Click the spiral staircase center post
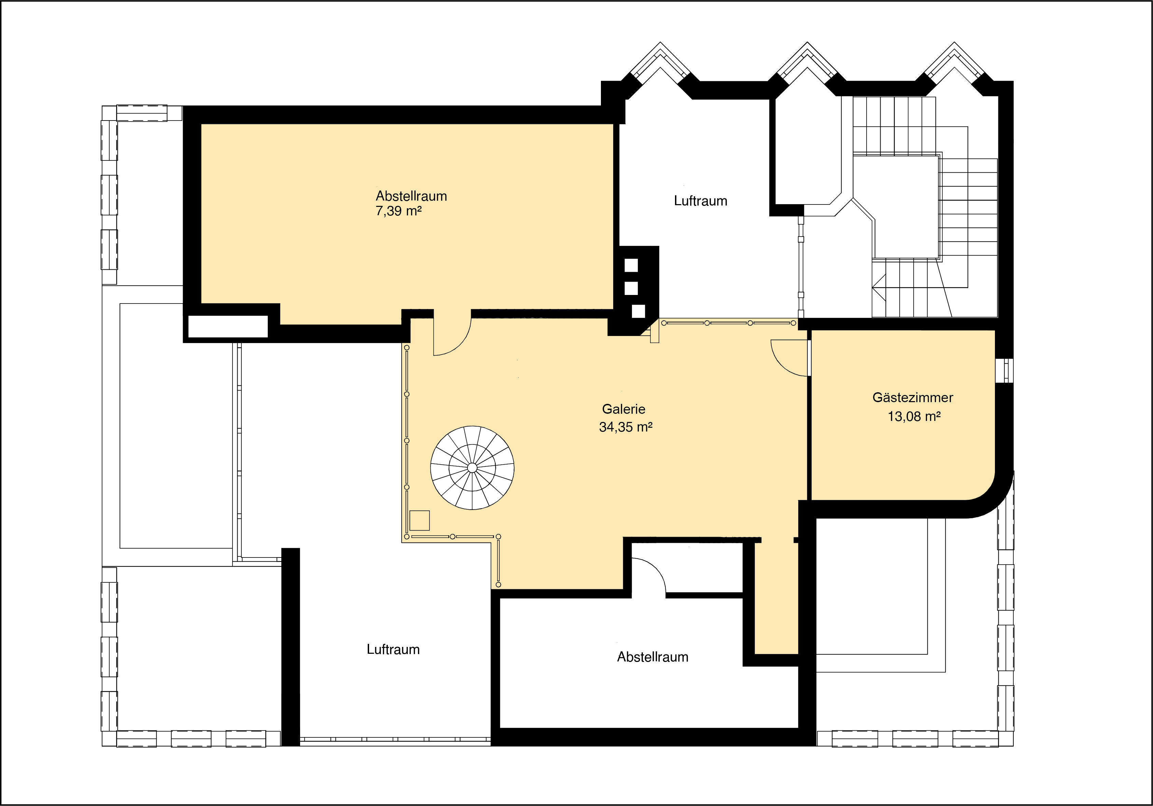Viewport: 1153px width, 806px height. pyautogui.click(x=472, y=468)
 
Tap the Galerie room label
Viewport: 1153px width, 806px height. pyautogui.click(x=624, y=409)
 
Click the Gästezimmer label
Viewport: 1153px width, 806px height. pyautogui.click(x=912, y=397)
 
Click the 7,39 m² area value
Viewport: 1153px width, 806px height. pyautogui.click(x=398, y=211)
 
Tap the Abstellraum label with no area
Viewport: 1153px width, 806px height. pyautogui.click(x=652, y=657)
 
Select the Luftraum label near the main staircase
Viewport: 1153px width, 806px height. pyautogui.click(x=701, y=201)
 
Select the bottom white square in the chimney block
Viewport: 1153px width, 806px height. pyautogui.click(x=638, y=311)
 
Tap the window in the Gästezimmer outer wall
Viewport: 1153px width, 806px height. pyautogui.click(x=1004, y=370)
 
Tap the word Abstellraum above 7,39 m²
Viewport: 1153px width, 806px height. pyautogui.click(x=411, y=196)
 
